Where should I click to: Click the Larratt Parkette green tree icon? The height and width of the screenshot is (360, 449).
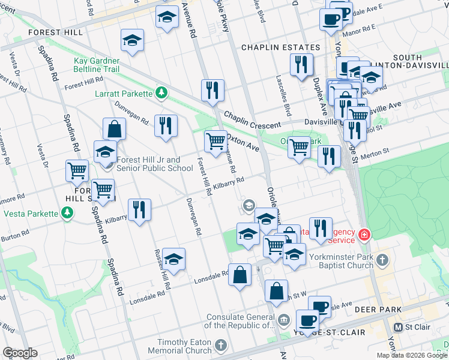pyautogui.click(x=160, y=93)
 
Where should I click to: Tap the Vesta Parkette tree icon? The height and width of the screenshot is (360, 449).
pyautogui.click(x=67, y=213)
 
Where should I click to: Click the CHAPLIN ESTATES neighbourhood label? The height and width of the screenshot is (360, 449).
pyautogui.click(x=280, y=47)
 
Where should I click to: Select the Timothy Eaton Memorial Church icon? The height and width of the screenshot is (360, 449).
pyautogui.click(x=221, y=346)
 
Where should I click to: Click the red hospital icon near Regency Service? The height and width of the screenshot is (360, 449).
pyautogui.click(x=364, y=234)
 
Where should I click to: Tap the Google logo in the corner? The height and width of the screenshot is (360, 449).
pyautogui.click(x=19, y=353)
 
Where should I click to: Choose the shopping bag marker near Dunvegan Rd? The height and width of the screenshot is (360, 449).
pyautogui.click(x=114, y=128)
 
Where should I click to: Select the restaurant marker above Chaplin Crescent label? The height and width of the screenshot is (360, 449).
pyautogui.click(x=212, y=90)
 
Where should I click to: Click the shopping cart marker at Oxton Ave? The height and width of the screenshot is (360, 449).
pyautogui.click(x=215, y=142)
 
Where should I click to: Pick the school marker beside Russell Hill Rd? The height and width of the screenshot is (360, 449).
pyautogui.click(x=173, y=259)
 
